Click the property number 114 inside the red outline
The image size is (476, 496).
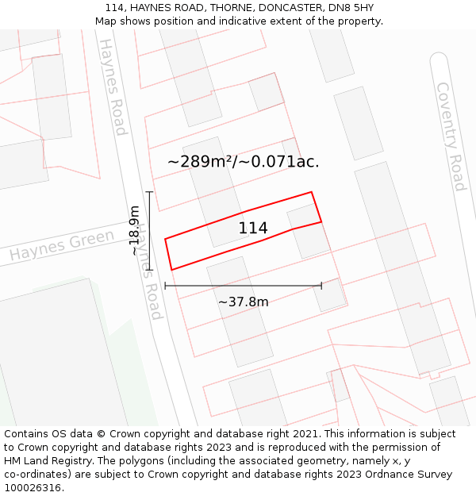[253, 229]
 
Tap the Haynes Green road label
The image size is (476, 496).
[62, 246]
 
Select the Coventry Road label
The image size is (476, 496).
[450, 136]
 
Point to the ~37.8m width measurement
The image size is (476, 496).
[243, 302]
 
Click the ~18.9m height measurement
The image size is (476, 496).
[135, 230]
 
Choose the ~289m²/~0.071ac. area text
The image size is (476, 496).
[243, 161]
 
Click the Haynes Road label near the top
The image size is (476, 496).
[112, 87]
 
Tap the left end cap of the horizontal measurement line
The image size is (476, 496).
[165, 285]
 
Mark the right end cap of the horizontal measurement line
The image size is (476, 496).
[321, 285]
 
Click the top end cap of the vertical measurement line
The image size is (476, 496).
[148, 192]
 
